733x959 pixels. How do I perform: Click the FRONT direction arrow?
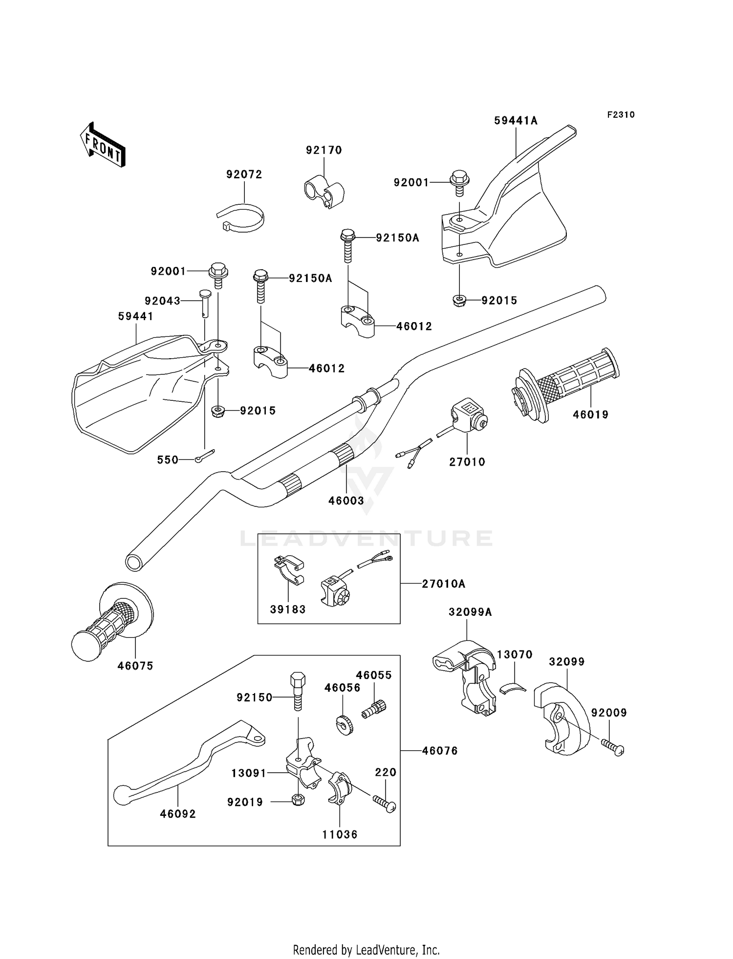coord(103,145)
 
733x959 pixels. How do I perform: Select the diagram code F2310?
coord(621,115)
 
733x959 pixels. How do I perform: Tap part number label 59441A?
coord(516,121)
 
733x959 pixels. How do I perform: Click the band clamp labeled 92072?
coord(241,218)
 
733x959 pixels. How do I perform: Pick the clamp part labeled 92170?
coord(323,193)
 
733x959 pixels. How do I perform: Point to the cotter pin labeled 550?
coord(204,455)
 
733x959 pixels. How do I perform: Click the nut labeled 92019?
coord(298,800)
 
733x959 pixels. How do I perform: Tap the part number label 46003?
coord(346,501)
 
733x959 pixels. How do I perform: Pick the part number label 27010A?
coord(444,584)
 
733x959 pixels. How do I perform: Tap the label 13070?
coord(515,654)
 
